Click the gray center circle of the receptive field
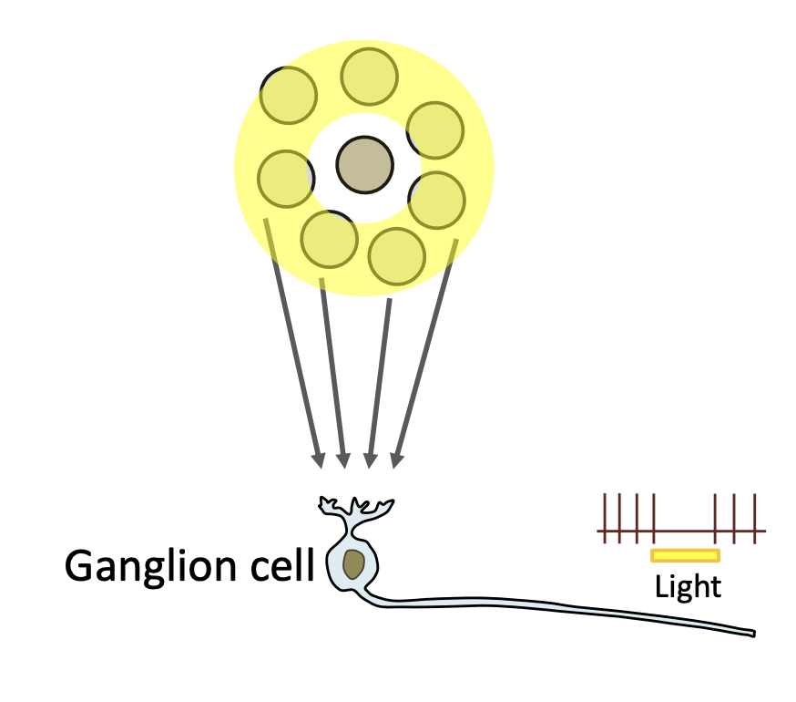pyautogui.click(x=364, y=166)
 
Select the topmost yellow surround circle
pyautogui.click(x=369, y=77)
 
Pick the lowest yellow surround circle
pyautogui.click(x=397, y=256)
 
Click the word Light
pyautogui.click(x=688, y=586)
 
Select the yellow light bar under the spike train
pyautogui.click(x=685, y=555)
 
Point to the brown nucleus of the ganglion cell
pyautogui.click(x=354, y=564)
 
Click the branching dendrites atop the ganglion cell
pyautogui.click(x=355, y=507)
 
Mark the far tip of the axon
pyautogui.click(x=753, y=634)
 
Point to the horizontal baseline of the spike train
pyautogui.click(x=683, y=532)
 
